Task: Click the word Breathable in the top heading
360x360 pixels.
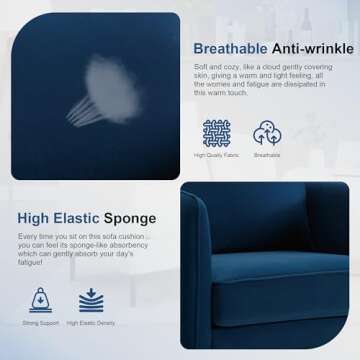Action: point(230,49)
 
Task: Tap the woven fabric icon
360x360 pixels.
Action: point(216,133)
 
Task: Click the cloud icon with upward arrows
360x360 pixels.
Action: point(267,133)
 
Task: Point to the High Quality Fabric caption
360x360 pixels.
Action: point(216,156)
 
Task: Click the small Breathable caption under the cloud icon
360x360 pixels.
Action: point(267,156)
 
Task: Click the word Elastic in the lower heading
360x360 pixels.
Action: point(88,217)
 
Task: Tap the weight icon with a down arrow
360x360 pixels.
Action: point(41,299)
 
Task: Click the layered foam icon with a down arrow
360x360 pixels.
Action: point(91,299)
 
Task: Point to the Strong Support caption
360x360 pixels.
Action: point(41,323)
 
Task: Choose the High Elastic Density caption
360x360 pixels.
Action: point(91,323)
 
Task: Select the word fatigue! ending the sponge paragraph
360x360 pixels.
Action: point(30,263)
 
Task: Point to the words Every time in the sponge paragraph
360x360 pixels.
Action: point(35,236)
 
